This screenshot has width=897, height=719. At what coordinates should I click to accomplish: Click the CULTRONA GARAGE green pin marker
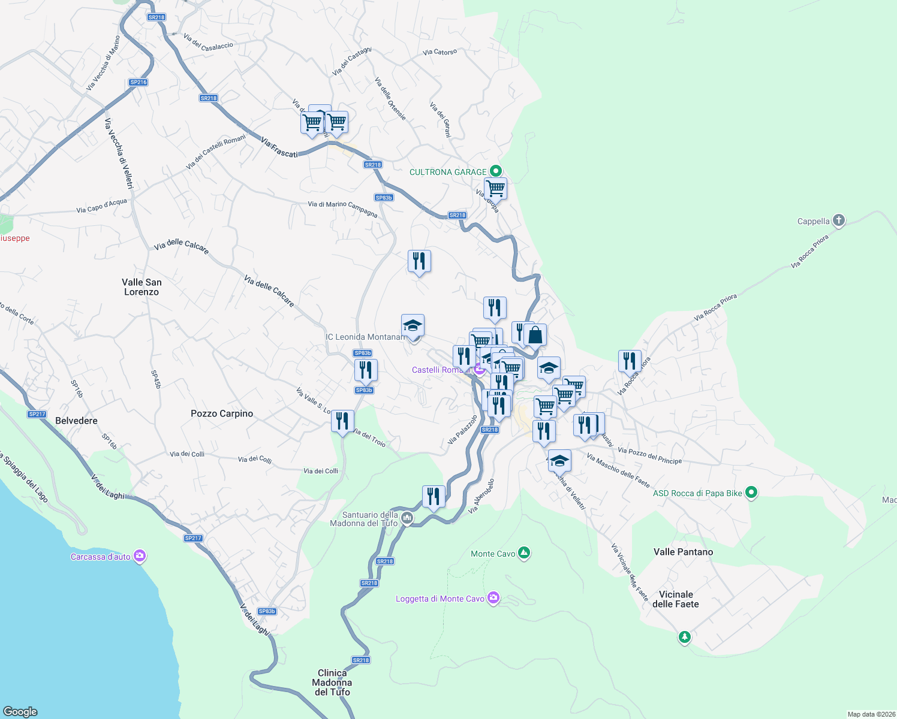coord(495,171)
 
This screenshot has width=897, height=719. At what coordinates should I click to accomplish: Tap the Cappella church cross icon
coord(839,220)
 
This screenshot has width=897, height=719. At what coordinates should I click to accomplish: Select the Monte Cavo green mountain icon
coord(524,553)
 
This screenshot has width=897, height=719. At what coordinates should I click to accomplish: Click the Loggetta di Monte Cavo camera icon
coord(493,598)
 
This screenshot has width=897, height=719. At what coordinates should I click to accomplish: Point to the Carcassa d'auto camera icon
coord(140,556)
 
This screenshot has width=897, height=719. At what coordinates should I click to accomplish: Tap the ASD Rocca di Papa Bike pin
coord(751,493)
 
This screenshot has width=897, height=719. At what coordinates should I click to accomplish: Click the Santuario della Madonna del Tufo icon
coord(407,518)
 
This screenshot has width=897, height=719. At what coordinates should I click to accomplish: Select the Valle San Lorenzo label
coord(142,287)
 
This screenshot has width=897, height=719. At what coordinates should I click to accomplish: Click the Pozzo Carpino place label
coord(222,413)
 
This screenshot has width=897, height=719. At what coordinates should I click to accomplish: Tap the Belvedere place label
coord(76,421)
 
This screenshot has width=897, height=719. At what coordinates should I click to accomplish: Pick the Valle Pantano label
coord(683,552)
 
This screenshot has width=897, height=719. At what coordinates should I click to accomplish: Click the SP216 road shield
coord(138,82)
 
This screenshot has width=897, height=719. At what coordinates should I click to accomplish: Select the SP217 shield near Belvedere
coord(37,414)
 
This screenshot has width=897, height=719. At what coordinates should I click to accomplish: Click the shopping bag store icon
coord(535,336)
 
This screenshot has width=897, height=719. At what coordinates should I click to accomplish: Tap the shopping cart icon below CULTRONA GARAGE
coord(495,189)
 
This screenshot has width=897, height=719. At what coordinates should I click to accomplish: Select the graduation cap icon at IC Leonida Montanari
coord(413,326)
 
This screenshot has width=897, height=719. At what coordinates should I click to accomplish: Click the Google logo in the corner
coord(20,711)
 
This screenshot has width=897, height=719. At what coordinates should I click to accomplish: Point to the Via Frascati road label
coord(279,147)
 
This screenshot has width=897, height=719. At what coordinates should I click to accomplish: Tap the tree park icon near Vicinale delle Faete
coord(684,637)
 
